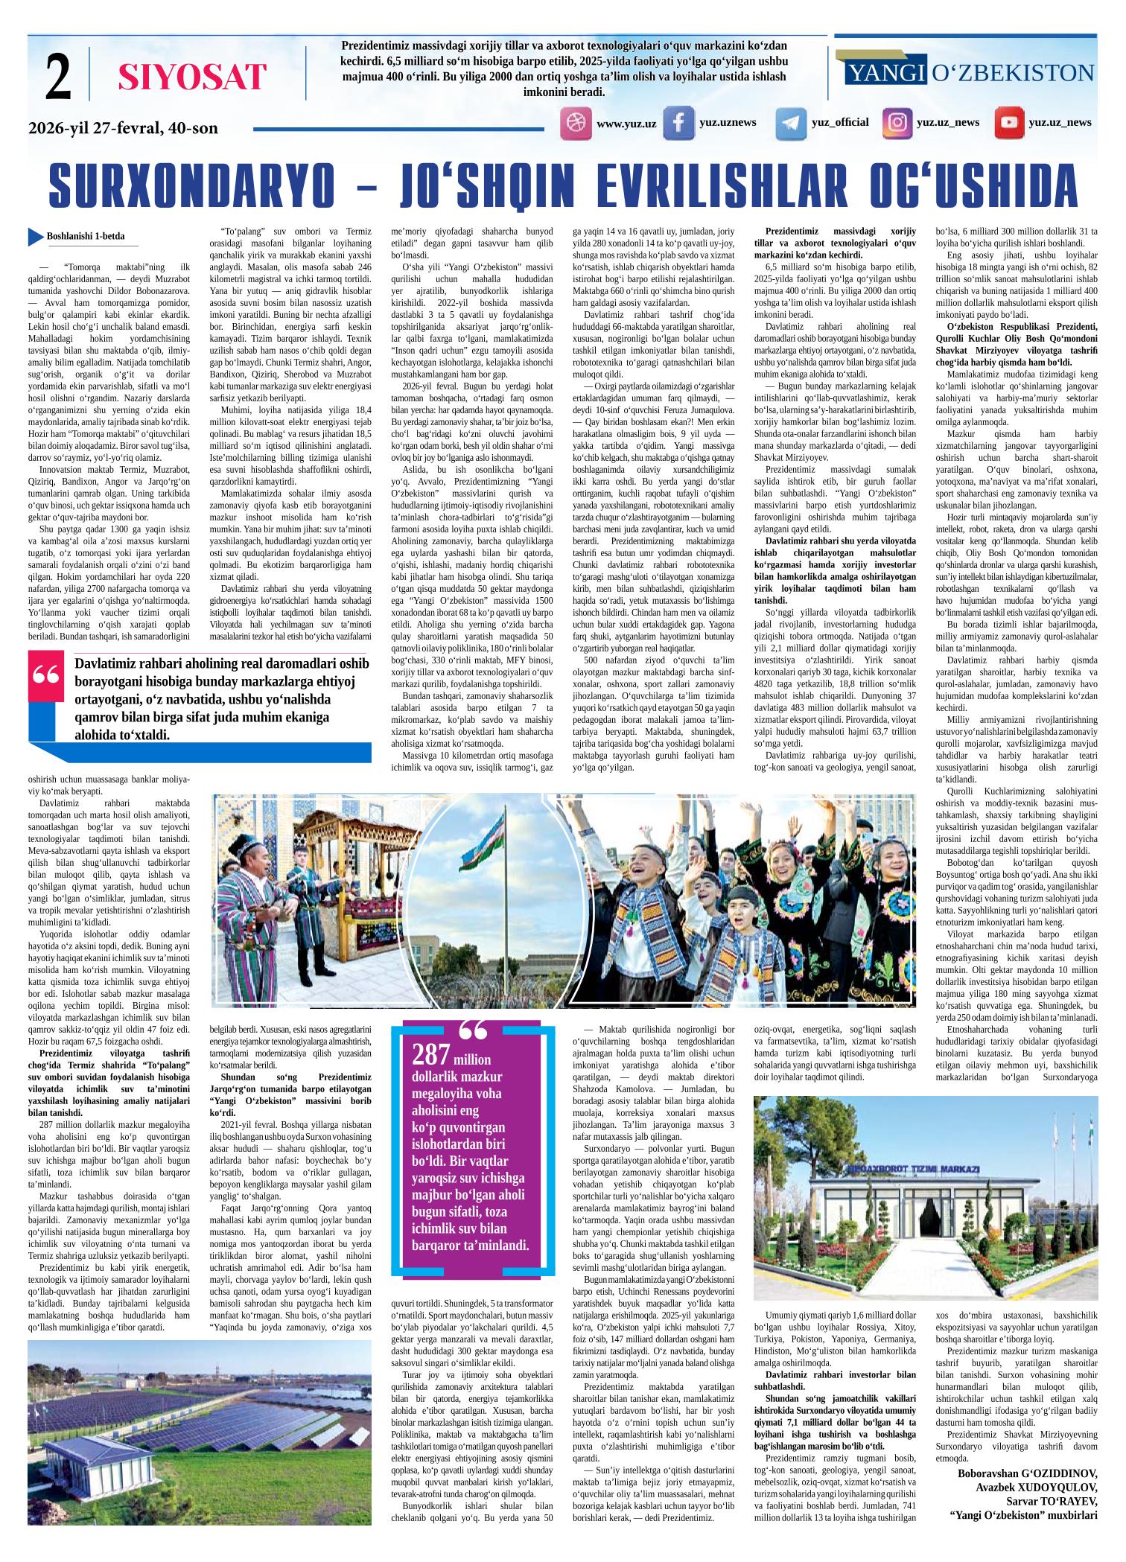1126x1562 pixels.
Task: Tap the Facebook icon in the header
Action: [678, 123]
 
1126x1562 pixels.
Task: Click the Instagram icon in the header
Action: [897, 122]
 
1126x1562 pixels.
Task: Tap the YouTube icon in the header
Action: [1009, 123]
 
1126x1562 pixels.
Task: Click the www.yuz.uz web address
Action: [626, 124]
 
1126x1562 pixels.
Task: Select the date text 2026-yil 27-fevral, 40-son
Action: [123, 128]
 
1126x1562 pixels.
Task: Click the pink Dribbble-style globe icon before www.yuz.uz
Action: [575, 123]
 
